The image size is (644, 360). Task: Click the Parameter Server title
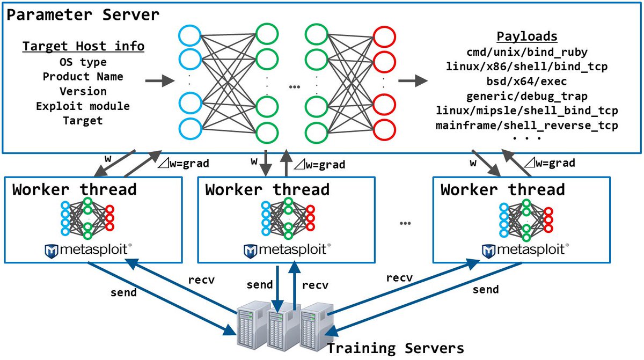83,14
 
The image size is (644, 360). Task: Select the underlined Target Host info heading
83,46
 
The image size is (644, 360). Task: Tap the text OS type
83,62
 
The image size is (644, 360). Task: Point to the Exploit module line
83,106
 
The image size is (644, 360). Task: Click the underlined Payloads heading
527,36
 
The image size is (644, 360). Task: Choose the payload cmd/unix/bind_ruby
527,52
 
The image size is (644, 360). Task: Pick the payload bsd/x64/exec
526,82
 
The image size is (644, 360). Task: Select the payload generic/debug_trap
527,96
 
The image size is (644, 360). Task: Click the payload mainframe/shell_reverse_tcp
527,125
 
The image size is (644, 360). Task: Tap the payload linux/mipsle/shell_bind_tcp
527,111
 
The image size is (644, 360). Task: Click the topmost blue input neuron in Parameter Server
190,35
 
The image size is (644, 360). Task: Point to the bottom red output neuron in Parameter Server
384,130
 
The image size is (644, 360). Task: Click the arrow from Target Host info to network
160,80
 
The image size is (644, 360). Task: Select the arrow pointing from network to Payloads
413,80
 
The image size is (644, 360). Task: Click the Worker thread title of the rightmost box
503,189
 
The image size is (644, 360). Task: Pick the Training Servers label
396,348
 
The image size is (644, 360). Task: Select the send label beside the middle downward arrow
260,285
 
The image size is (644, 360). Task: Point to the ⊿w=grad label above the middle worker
319,165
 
